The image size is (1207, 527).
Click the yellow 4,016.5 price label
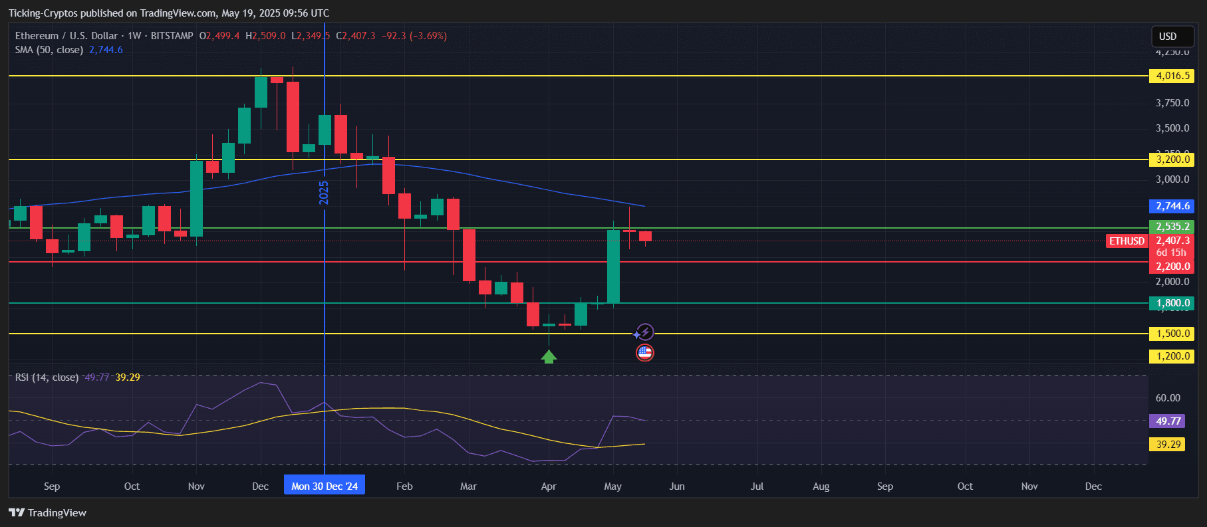[x=1172, y=76]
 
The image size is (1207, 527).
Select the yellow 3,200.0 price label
[x=1172, y=159]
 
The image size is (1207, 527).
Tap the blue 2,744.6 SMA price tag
[x=1172, y=206]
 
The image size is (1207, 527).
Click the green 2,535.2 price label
[x=1172, y=227]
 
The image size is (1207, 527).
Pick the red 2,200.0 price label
[x=1172, y=266]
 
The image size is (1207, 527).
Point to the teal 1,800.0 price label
[x=1172, y=303]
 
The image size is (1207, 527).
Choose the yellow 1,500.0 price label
[x=1172, y=334]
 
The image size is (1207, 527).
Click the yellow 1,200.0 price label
[x=1172, y=356]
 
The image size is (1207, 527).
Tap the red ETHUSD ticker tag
[x=1127, y=241]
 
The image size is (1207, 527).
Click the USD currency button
[x=1168, y=37]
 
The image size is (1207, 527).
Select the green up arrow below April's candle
[x=549, y=357]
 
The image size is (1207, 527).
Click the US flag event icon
[x=644, y=353]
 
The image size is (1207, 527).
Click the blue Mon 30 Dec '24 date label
[x=325, y=486]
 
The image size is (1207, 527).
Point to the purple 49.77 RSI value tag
[x=1168, y=421]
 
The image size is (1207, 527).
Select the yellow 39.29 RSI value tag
[x=1168, y=444]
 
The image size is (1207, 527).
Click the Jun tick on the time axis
[x=677, y=486]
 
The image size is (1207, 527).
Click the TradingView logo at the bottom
[x=48, y=512]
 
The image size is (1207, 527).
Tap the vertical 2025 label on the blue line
[x=325, y=193]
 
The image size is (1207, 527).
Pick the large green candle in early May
[x=613, y=266]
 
